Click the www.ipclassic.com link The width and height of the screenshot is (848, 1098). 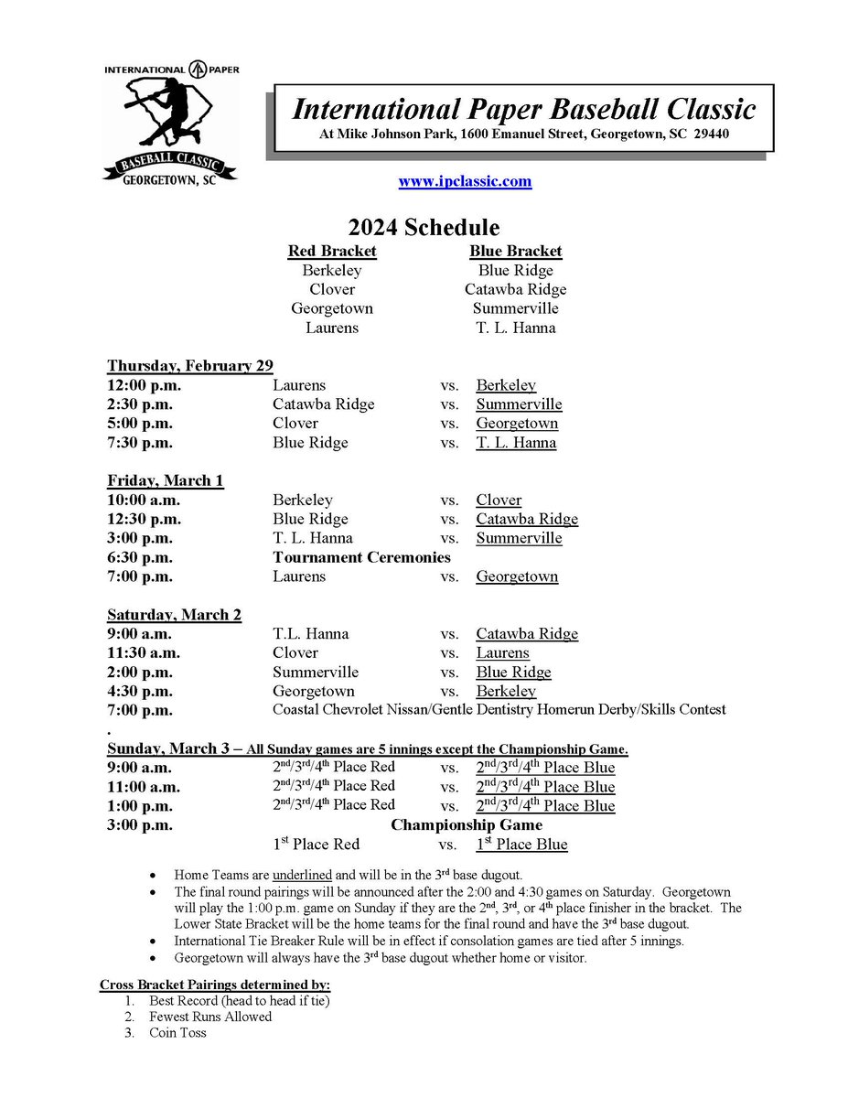tap(465, 181)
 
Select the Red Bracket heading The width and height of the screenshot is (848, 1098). tap(332, 251)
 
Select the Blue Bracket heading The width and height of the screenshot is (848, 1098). tap(515, 251)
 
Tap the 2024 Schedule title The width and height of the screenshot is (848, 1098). tap(424, 227)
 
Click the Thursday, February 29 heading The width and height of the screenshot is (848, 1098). tap(190, 366)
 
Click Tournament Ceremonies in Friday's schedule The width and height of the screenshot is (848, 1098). tap(361, 557)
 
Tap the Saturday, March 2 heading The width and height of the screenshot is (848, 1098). tap(175, 615)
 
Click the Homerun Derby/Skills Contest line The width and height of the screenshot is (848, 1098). tap(499, 710)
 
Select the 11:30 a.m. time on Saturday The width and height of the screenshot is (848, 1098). tap(144, 653)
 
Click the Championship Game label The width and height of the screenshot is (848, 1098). tap(467, 825)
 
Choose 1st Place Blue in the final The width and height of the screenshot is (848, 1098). tap(521, 845)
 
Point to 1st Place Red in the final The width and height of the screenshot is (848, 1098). tap(316, 845)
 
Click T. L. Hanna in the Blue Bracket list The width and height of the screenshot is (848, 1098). tap(515, 328)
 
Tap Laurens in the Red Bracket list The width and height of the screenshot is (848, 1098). tap(332, 328)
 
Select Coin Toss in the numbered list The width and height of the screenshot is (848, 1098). tap(177, 1033)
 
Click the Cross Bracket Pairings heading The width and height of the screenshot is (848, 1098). tap(215, 985)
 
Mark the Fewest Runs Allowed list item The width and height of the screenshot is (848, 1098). tap(210, 1017)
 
